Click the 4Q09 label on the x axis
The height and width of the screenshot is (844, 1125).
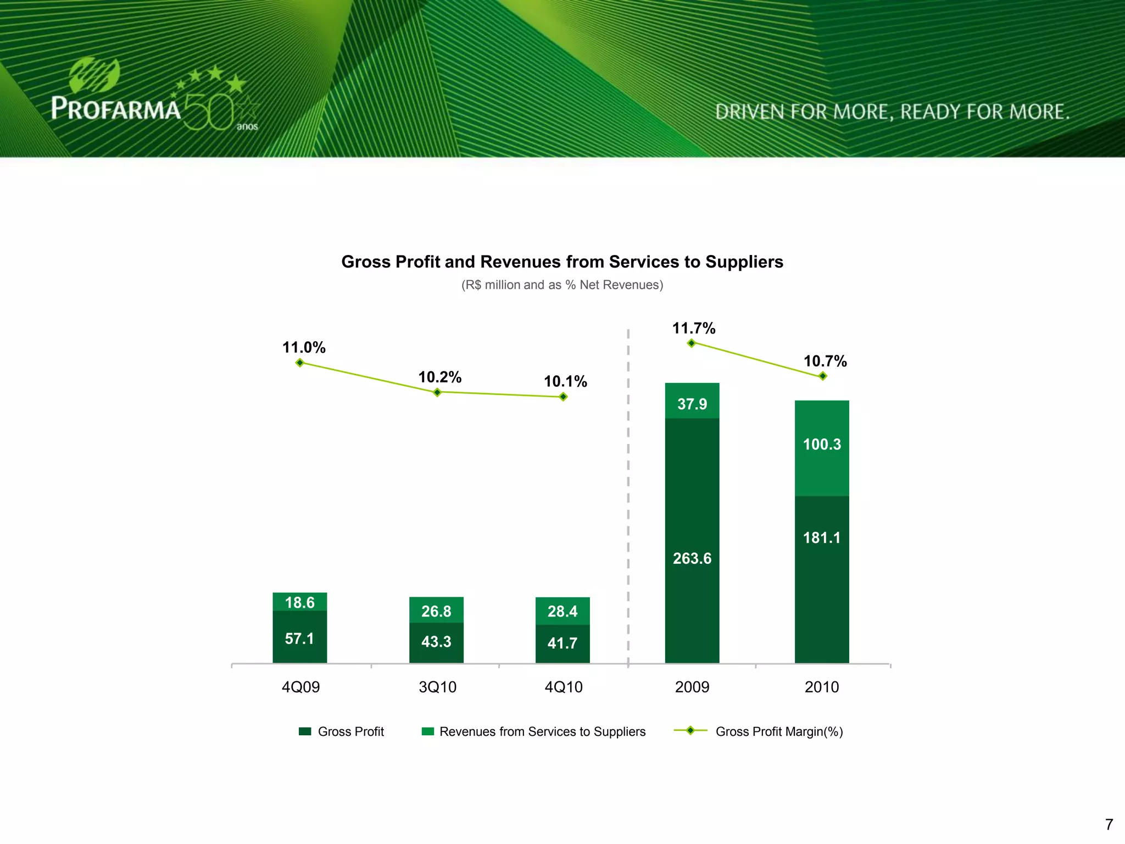coord(300,687)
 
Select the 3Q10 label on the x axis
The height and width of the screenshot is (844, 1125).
coord(437,687)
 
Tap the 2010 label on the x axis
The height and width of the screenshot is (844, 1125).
coord(822,687)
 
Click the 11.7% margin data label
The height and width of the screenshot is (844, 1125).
coord(694,329)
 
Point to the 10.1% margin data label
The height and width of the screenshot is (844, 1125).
coord(565,381)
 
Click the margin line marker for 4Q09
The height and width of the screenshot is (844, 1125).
coord(300,363)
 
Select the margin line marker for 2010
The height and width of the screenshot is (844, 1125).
coord(822,376)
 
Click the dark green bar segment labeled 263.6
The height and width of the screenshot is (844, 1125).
coord(692,541)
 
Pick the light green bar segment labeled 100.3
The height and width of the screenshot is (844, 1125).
coord(822,448)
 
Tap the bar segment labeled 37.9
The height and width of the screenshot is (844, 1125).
coord(692,401)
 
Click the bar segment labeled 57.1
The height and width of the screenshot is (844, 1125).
coord(299,637)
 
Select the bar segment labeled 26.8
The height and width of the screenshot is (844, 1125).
coord(436,610)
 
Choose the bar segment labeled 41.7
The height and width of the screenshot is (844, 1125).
coord(562,643)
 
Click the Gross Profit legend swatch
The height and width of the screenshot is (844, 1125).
coord(305,731)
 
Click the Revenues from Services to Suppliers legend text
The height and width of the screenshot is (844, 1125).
coord(542,732)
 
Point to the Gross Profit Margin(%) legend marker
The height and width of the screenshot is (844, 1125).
coord(690,731)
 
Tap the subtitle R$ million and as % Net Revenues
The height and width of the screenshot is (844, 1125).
coord(562,285)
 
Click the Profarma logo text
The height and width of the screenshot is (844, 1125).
coord(116,108)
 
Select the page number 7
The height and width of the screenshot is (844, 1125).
coord(1109,824)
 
